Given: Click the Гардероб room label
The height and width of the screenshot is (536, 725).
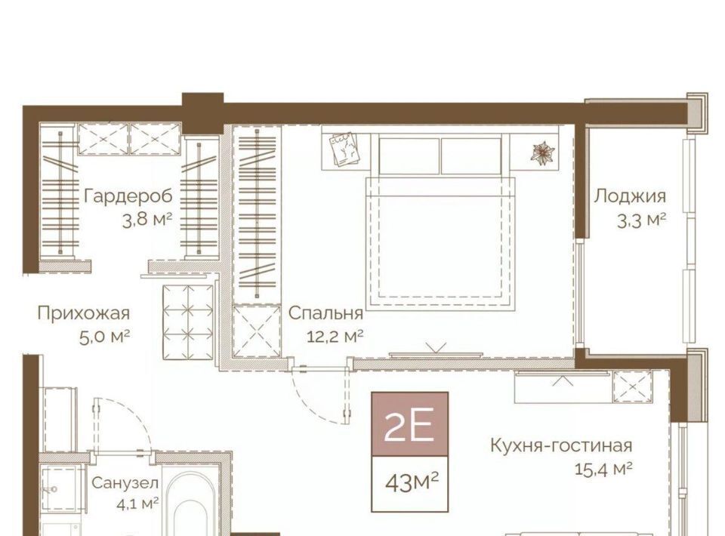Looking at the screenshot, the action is coord(128,196).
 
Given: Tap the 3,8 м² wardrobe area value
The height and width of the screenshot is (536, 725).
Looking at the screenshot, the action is coord(147,220).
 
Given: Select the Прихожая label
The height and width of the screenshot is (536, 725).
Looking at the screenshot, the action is coord(83,313).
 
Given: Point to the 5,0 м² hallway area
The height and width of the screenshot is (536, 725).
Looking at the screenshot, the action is coord(104,337).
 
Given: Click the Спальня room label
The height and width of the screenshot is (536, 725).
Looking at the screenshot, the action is coord(325,314).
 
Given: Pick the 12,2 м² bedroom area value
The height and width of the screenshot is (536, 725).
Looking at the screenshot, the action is coord(335,337).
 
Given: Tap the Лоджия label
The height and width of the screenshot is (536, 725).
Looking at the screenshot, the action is coord(630,196).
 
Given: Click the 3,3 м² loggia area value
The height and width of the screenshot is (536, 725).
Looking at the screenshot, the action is coord(641,220).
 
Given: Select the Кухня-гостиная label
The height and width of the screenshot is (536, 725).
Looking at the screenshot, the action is coord(561,446).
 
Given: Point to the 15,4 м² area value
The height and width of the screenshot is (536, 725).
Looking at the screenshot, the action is coord(603,470).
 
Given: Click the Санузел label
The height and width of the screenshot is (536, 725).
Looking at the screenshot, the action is coord(125,483).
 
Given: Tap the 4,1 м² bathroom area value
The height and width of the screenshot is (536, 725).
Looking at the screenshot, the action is coord(138,502).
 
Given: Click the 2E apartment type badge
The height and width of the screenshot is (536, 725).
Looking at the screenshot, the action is coord(409,424).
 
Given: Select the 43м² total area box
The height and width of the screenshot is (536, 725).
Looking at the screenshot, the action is coord(409,484).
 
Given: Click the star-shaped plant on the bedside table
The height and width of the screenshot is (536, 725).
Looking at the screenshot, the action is coord(545,152).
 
